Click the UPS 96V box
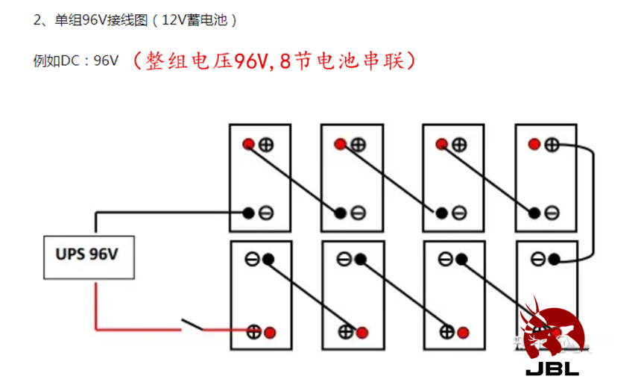(89, 257)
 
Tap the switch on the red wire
(192, 325)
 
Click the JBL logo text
(552, 369)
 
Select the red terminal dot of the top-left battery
(248, 144)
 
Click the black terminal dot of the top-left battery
(248, 213)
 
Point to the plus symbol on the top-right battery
(552, 145)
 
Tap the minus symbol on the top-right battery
(552, 213)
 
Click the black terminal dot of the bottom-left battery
(268, 259)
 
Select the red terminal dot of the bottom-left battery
(270, 332)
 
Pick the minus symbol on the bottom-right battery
(537, 259)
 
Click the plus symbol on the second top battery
(358, 145)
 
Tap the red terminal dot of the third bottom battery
(463, 332)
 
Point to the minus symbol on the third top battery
(459, 213)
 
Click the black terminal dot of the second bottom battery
(360, 259)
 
